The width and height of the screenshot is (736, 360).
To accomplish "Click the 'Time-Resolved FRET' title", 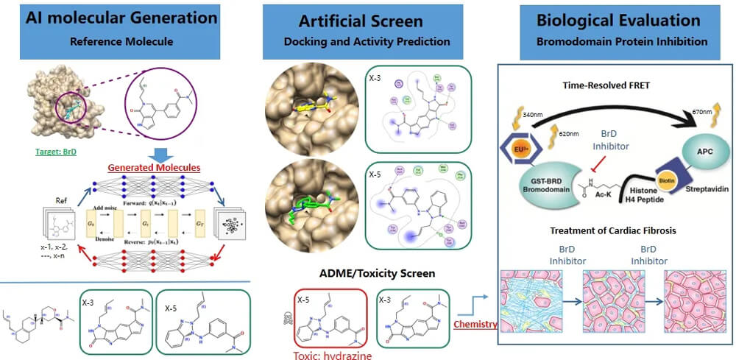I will pos(618,85).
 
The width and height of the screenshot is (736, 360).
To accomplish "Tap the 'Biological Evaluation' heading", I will pos(619,18).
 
